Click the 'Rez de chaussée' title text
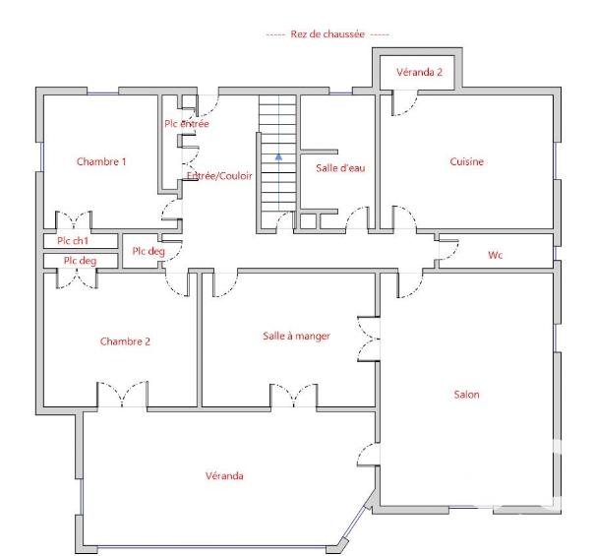(327, 33)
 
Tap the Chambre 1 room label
(101, 161)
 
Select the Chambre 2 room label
(125, 341)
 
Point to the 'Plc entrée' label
(186, 124)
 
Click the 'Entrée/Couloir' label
(219, 176)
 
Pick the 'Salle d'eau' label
(340, 168)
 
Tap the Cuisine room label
(467, 161)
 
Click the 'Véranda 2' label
(419, 73)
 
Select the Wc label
(496, 255)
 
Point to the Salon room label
(466, 395)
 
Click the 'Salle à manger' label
(296, 336)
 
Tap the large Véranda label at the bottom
(225, 476)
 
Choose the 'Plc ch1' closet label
(73, 240)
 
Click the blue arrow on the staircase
(279, 154)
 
